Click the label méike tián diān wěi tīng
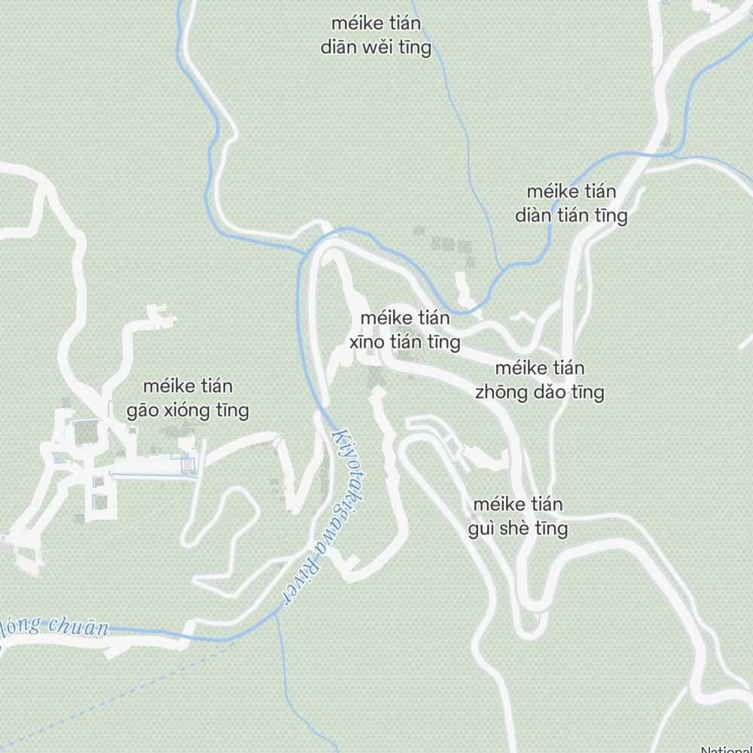point(376,36)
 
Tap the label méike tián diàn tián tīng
point(571,203)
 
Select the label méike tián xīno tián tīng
point(405,331)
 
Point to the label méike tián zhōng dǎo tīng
point(539,380)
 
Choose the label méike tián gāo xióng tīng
point(188,398)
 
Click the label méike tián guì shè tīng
point(518,517)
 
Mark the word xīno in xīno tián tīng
point(368,343)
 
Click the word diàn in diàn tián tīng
point(532,216)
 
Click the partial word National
point(726,749)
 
